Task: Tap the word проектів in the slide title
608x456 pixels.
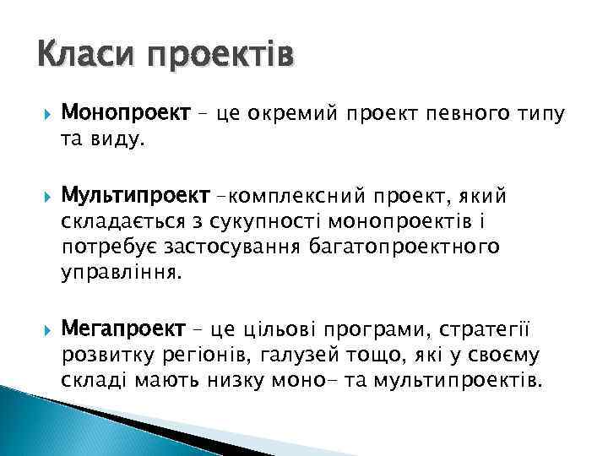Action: click(221, 59)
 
